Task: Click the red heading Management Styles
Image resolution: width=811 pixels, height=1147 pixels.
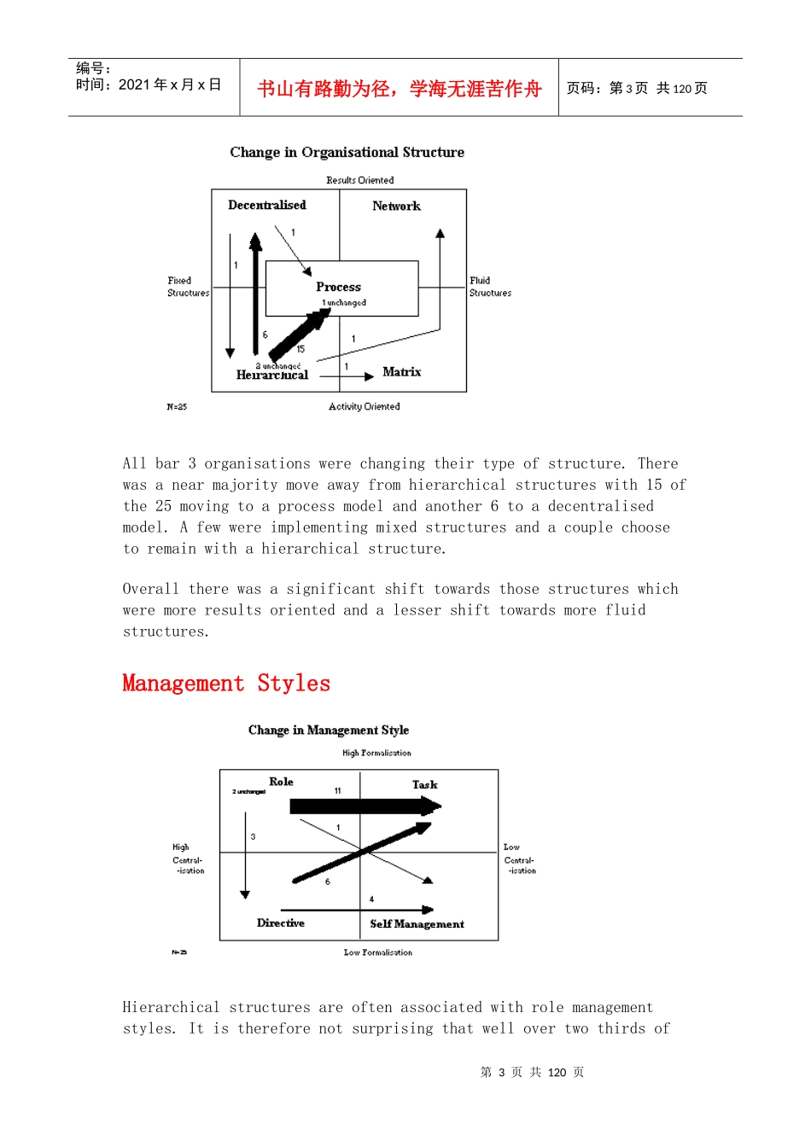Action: pyautogui.click(x=226, y=684)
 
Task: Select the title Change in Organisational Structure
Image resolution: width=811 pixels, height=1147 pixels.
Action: pyautogui.click(x=347, y=152)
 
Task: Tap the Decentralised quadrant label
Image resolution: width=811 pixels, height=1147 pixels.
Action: pyautogui.click(x=266, y=205)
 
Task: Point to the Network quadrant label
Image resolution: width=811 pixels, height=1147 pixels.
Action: pyautogui.click(x=396, y=206)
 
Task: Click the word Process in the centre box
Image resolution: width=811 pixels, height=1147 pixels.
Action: pyautogui.click(x=338, y=287)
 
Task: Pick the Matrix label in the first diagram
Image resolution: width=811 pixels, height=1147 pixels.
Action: pyautogui.click(x=401, y=372)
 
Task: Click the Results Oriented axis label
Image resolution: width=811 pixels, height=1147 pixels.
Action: pyautogui.click(x=359, y=180)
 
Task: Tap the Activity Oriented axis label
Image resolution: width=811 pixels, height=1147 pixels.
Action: pyautogui.click(x=364, y=406)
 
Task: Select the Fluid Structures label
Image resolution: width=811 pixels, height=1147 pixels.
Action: pyautogui.click(x=490, y=287)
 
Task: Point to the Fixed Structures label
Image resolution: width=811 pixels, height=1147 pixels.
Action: pyautogui.click(x=188, y=287)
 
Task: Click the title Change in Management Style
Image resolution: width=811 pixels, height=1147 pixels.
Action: pyautogui.click(x=329, y=730)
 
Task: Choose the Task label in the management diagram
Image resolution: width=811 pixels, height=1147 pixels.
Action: pyautogui.click(x=424, y=784)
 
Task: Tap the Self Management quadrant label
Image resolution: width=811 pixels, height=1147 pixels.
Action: pyautogui.click(x=417, y=923)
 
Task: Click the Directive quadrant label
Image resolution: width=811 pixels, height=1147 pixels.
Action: pyautogui.click(x=280, y=923)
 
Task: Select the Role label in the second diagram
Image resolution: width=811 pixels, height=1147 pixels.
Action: pyautogui.click(x=281, y=782)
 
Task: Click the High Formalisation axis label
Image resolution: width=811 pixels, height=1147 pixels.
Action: pyautogui.click(x=376, y=753)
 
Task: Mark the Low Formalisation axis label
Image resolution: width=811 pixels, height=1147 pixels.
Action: pyautogui.click(x=377, y=952)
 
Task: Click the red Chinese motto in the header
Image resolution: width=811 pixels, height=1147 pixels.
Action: pyautogui.click(x=399, y=89)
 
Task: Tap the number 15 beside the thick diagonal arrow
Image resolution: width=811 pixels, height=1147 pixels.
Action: pyautogui.click(x=300, y=349)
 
